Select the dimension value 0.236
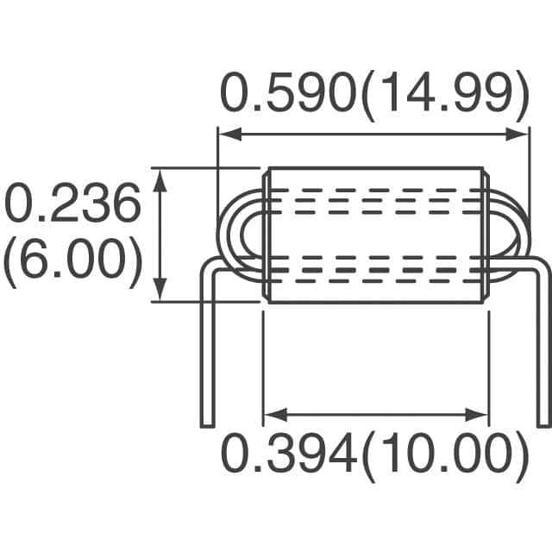pyautogui.click(x=72, y=205)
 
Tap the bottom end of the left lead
pyautogui.click(x=207, y=423)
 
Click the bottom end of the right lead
pyautogui.click(x=543, y=423)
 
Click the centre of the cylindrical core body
pyautogui.click(x=375, y=235)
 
